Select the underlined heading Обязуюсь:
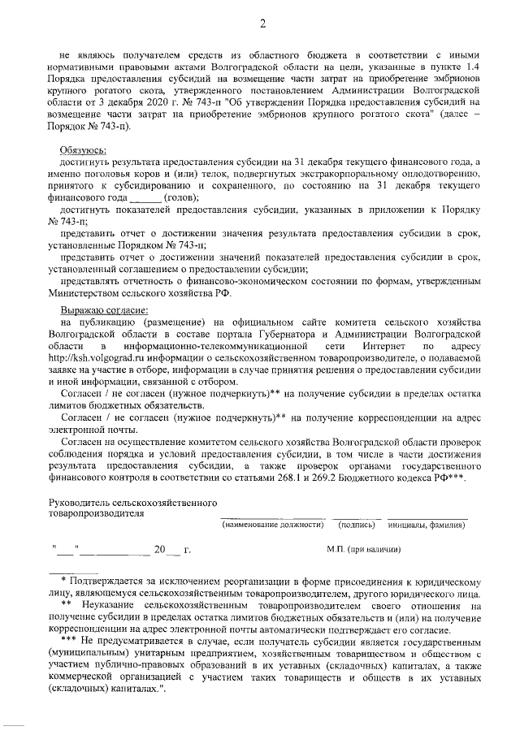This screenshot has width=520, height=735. (84, 152)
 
